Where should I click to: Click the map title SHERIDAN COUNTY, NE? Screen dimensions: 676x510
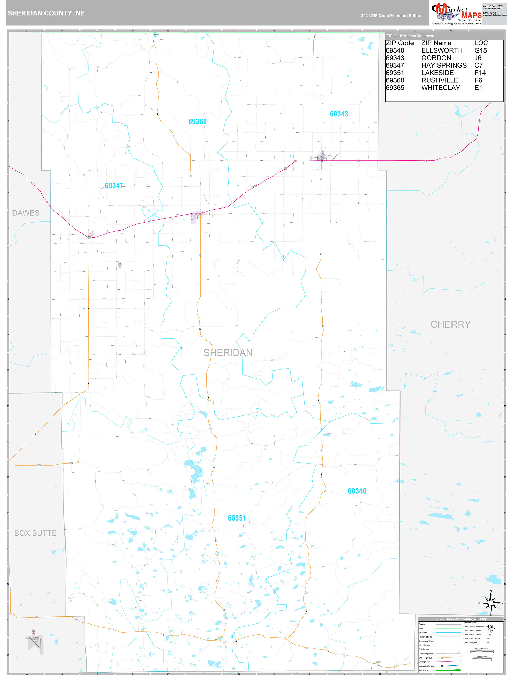tap(46, 13)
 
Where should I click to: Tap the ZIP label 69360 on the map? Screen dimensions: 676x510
tap(197, 122)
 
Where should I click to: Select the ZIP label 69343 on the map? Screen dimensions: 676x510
tap(339, 114)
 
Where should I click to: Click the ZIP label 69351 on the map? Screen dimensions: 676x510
tap(237, 518)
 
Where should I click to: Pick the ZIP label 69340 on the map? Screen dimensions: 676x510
tap(357, 491)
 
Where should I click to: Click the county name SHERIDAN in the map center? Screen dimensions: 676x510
tap(228, 353)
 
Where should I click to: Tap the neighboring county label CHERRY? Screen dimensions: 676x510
tap(450, 324)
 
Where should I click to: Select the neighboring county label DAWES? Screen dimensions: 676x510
tap(26, 213)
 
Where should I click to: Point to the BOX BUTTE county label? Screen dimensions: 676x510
tap(35, 533)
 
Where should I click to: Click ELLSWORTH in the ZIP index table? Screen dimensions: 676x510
tap(442, 50)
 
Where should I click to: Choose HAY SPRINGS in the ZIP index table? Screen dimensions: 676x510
tap(444, 66)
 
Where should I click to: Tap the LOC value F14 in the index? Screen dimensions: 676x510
tap(480, 73)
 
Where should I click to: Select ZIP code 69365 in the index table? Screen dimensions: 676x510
tap(395, 88)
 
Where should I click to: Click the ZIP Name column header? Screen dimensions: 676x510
tap(436, 43)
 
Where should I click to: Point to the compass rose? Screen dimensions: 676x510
tap(490, 603)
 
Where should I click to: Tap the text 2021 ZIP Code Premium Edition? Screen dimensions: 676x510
tap(391, 16)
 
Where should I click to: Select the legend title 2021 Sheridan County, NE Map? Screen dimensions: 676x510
tap(461, 619)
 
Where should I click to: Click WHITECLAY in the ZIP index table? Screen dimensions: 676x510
tap(440, 88)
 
